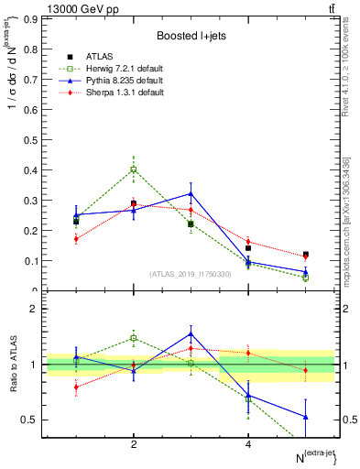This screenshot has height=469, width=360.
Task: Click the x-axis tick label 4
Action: coord(248,445)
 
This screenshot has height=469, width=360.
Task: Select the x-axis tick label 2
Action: coord(134,445)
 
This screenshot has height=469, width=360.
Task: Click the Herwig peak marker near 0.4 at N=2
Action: coord(134,169)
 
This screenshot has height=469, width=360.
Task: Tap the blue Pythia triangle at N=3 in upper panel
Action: coord(191,193)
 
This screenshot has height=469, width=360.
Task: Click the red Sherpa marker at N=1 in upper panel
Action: coord(76,239)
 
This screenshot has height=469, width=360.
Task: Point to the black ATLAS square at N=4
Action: coord(248,248)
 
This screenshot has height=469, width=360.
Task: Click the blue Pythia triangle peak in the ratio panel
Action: coord(191,333)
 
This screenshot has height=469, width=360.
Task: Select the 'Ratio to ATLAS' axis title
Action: coord(11,365)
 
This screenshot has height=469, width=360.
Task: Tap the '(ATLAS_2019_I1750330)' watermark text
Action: coord(191,274)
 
